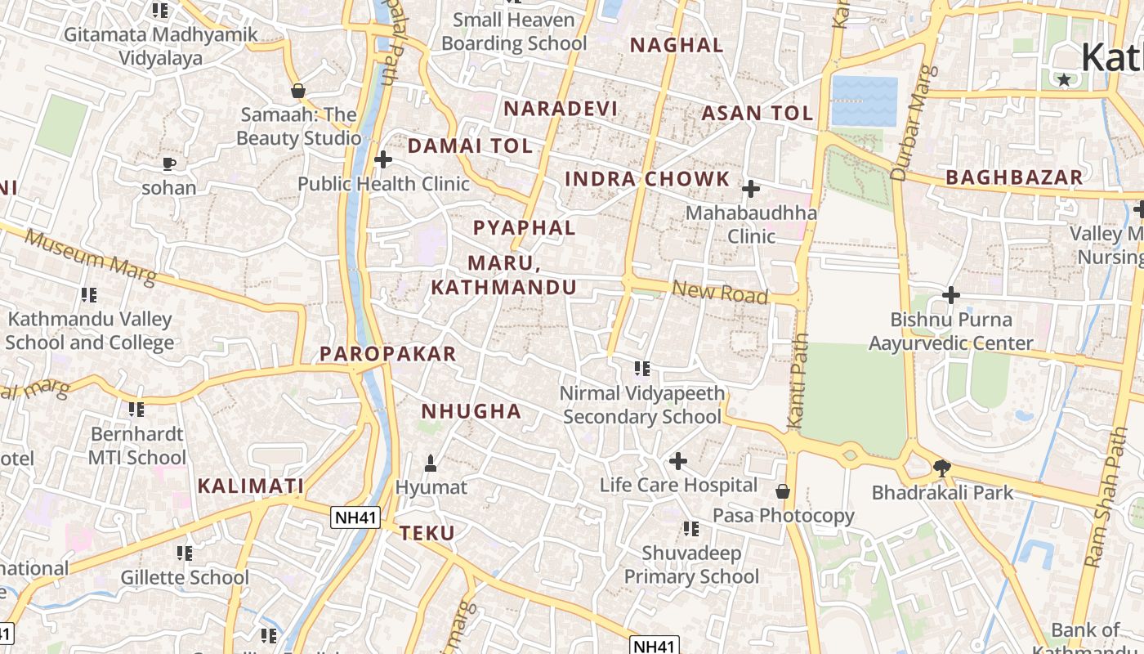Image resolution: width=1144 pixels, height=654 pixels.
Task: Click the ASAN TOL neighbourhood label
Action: (x=757, y=114)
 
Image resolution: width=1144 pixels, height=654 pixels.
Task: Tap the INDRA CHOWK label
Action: (x=647, y=179)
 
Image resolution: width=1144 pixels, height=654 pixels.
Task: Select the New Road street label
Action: (x=720, y=292)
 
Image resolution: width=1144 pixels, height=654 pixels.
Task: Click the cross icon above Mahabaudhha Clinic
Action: (x=750, y=190)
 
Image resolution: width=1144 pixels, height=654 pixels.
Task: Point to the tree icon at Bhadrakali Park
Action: (x=941, y=468)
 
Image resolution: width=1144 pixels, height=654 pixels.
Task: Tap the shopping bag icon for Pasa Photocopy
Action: (x=782, y=491)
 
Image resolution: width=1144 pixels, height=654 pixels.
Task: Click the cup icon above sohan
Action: (x=168, y=164)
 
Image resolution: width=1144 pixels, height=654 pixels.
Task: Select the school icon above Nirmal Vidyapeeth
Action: (x=642, y=370)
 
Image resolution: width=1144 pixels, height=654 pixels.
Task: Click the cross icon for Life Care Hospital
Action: (x=677, y=462)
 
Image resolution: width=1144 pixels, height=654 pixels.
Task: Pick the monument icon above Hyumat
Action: (x=431, y=464)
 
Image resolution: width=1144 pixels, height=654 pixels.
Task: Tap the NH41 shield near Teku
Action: (x=356, y=517)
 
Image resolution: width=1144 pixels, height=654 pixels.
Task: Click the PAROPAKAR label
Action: (x=387, y=354)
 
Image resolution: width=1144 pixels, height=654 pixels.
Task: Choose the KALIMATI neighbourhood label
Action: (x=250, y=486)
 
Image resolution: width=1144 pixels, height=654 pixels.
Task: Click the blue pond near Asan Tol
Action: (x=864, y=101)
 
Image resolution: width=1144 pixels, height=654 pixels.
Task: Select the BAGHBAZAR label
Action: (x=1013, y=177)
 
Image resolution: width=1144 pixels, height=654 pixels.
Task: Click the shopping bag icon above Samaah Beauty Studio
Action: (x=298, y=91)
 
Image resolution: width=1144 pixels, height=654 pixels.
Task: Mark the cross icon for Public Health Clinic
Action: (x=382, y=159)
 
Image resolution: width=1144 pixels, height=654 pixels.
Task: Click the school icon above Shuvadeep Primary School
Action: (x=691, y=529)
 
